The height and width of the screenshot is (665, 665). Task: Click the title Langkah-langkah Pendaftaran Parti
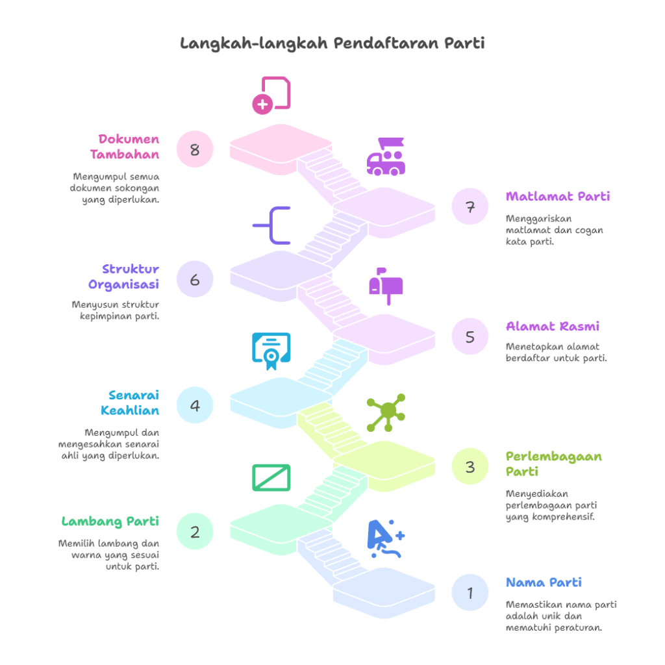[332, 44]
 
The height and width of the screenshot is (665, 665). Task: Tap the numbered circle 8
[195, 150]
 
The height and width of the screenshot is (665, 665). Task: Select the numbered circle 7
[470, 207]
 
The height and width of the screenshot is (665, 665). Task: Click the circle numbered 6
[195, 280]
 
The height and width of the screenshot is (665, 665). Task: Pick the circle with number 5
[470, 337]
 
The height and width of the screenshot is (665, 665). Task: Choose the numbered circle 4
[195, 406]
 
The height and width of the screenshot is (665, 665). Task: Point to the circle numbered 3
[470, 466]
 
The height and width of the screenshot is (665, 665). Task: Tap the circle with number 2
[195, 532]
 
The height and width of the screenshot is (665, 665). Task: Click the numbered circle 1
[470, 592]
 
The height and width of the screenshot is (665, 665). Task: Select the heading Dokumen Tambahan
[125, 147]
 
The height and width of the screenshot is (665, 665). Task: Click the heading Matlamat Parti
[558, 196]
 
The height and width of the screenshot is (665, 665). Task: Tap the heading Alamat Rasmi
[552, 326]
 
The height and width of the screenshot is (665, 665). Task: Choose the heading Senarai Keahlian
[130, 403]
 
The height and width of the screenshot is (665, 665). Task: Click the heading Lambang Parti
[110, 521]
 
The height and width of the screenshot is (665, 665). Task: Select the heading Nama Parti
[544, 582]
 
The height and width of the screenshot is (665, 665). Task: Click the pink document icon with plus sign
[271, 95]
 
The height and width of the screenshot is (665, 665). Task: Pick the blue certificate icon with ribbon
[271, 351]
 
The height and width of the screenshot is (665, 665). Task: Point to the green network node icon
[386, 412]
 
